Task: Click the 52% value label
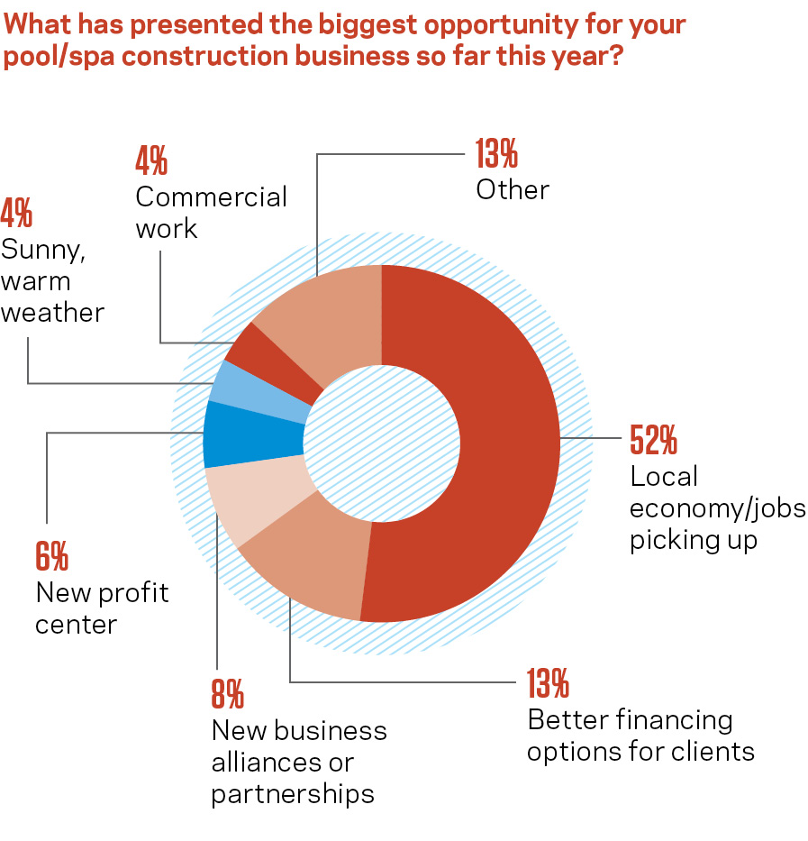[x=653, y=442]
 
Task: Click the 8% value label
[x=228, y=695]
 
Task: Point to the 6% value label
[x=51, y=557]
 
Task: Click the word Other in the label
[x=513, y=189]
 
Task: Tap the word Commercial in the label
[x=211, y=197]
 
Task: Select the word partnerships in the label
[x=293, y=794]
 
